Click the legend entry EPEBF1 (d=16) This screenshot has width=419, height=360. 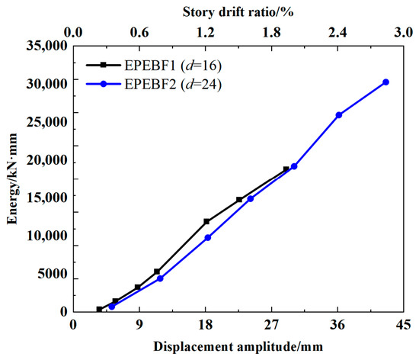154,65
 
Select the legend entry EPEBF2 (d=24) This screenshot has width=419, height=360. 154,84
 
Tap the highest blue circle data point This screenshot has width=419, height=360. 385,82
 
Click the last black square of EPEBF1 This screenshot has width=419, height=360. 286,169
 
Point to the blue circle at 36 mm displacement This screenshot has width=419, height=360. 339,115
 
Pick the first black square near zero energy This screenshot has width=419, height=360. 99,310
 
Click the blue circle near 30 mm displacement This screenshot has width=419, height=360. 294,166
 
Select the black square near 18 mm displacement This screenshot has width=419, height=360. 206,221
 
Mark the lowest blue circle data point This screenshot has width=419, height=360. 112,307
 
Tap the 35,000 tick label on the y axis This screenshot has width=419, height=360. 46,46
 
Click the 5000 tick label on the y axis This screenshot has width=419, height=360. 53,274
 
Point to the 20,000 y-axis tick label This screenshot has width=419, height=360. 46,160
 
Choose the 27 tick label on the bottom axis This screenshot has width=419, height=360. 271,325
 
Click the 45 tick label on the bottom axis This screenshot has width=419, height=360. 403,325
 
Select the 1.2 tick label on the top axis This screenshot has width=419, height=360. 206,32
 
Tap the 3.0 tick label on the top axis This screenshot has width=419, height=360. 404,32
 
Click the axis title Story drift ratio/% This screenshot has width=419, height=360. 238,12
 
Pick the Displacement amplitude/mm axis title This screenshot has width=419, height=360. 238,347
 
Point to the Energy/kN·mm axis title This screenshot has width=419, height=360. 12,178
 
